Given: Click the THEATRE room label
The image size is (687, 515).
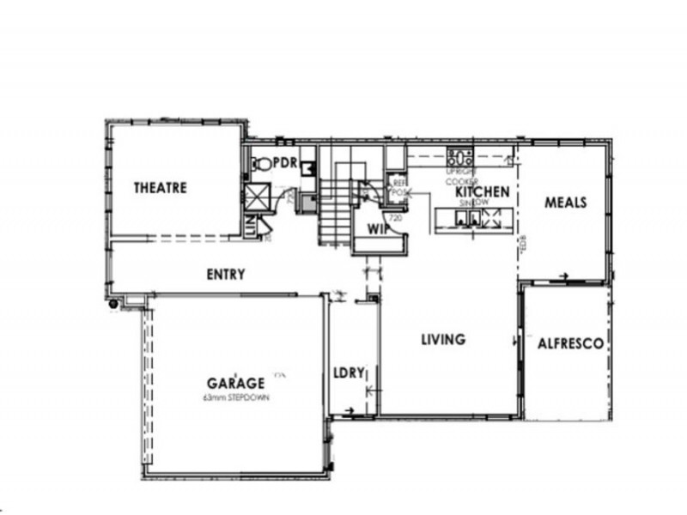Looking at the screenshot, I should click(x=160, y=188).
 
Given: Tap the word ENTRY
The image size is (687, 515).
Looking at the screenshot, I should click(x=226, y=275).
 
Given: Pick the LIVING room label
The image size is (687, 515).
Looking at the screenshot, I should click(x=442, y=339).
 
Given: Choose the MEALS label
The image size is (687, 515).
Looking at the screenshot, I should click(x=566, y=203).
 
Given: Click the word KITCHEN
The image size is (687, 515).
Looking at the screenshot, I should click(x=483, y=191).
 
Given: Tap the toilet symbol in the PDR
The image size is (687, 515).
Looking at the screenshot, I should click(x=261, y=162).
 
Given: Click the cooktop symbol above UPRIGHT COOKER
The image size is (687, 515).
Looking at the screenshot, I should click(x=461, y=157).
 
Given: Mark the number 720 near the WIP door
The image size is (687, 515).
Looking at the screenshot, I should click(x=396, y=218).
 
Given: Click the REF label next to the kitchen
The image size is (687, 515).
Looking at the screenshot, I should click(x=399, y=183).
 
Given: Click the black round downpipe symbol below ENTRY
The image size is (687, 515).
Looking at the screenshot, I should click(x=113, y=302).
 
